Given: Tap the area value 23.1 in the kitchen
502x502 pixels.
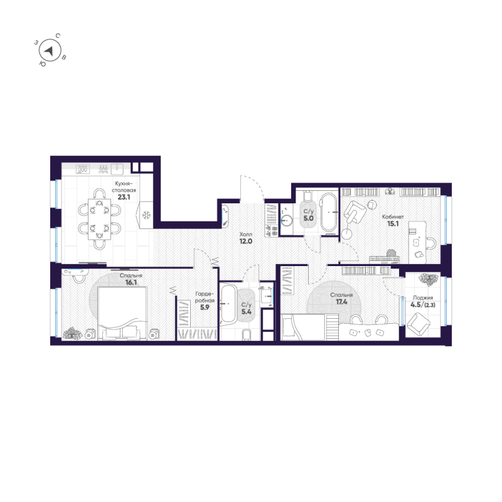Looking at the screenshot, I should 124,196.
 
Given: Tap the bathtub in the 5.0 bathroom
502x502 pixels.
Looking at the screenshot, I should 328,213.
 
